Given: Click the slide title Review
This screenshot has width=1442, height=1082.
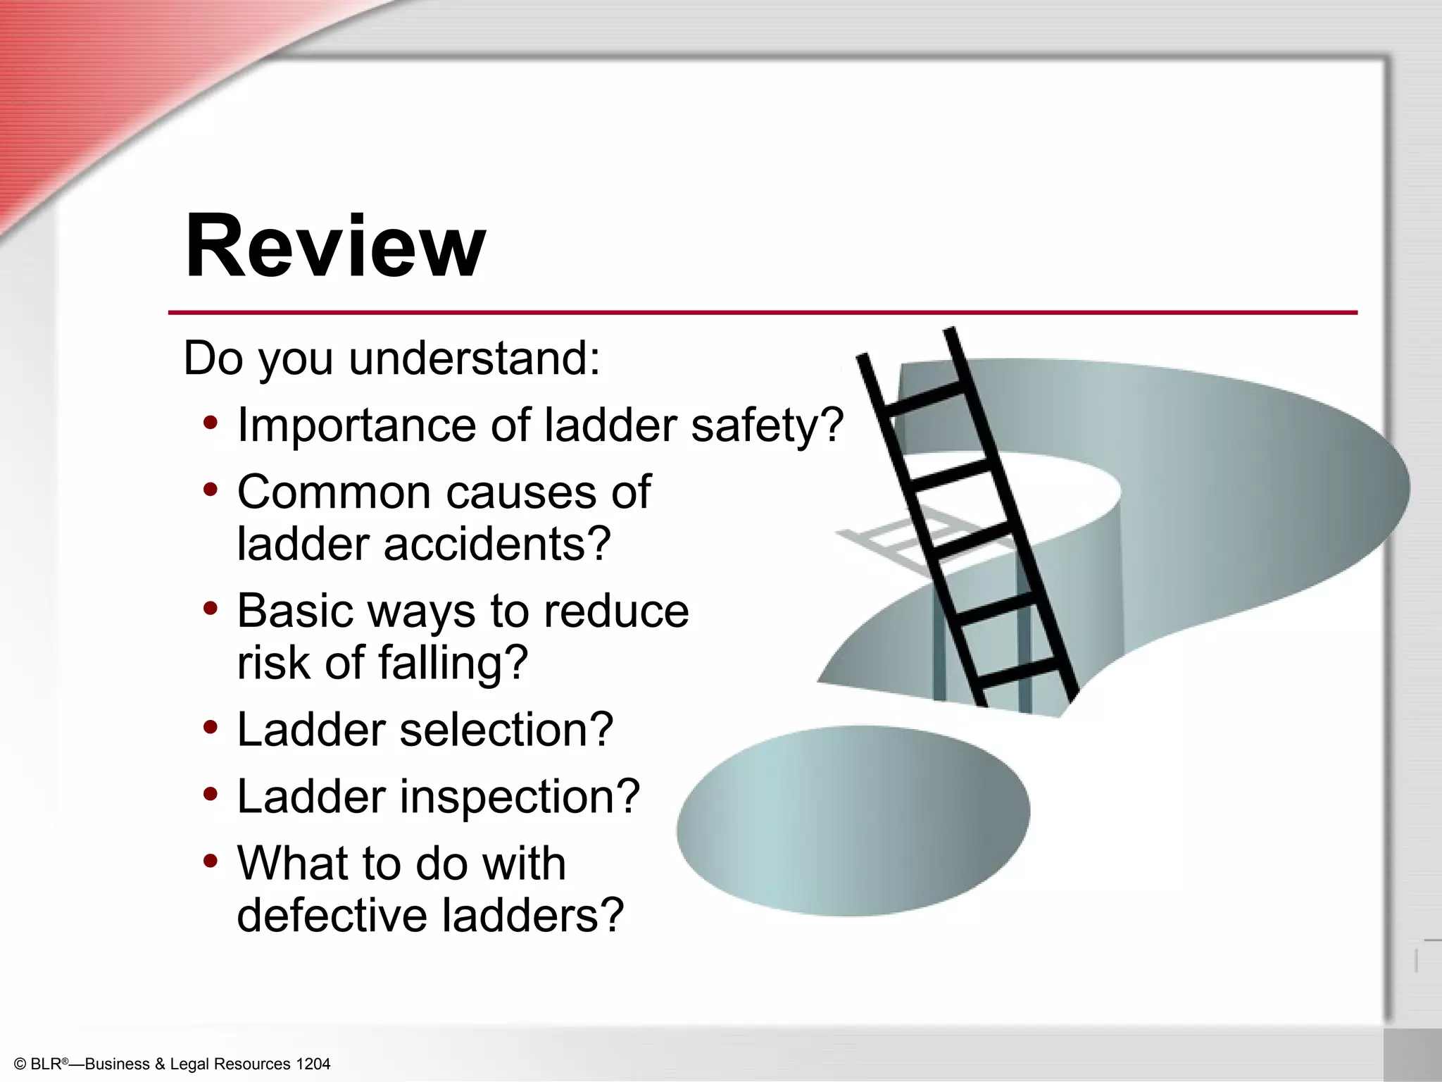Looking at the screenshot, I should (335, 246).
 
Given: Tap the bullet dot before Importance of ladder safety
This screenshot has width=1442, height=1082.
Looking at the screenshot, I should (210, 423).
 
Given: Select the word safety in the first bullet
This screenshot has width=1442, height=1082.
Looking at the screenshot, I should (767, 425).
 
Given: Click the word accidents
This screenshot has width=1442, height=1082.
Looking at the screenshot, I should (497, 545).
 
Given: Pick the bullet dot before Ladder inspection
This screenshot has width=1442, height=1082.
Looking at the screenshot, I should (210, 794).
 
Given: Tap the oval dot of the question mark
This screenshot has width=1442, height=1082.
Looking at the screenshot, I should (853, 821).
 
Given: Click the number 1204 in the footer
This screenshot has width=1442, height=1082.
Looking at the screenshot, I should (313, 1064).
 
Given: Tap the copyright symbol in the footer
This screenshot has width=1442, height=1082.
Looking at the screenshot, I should (20, 1064).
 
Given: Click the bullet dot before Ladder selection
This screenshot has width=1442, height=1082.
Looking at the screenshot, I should (210, 727).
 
